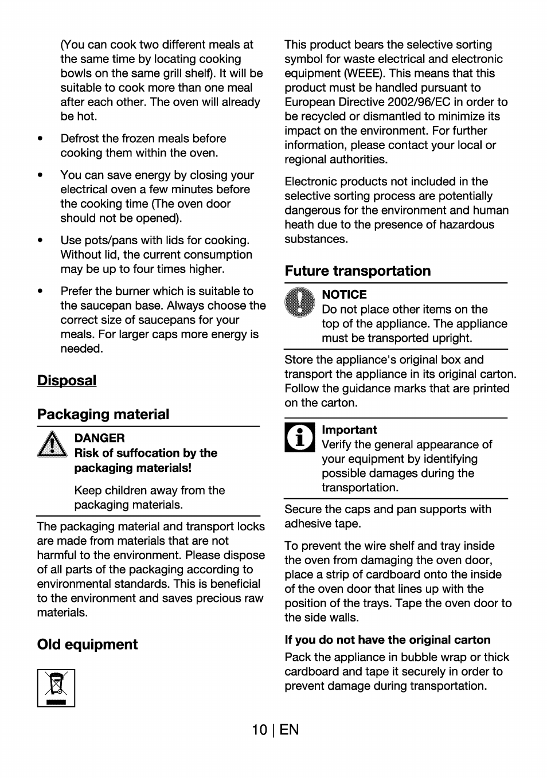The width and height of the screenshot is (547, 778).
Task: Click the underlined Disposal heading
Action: pos(67,381)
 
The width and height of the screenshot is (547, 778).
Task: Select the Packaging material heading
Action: pos(103,415)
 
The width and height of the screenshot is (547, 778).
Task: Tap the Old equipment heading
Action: pos(87,644)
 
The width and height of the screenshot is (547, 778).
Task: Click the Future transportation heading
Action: pos(358,271)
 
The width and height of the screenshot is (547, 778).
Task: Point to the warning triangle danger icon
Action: pos(52,444)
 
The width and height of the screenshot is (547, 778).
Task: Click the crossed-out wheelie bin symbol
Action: pos(56,688)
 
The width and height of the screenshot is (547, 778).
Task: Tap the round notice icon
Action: pos(299,302)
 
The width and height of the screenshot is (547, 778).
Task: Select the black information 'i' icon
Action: pos(299,437)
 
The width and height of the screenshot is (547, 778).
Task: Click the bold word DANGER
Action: pos(99,438)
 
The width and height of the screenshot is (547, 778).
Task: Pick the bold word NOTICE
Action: pos(344,295)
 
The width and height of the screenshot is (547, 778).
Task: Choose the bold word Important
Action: pos(349,430)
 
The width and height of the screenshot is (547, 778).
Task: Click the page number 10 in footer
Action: pos(259,730)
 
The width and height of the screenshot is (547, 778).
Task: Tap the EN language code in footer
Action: pos(290,730)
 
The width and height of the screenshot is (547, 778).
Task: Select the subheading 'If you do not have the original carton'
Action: pos(388,640)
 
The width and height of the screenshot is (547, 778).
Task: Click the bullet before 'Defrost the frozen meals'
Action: pos(40,139)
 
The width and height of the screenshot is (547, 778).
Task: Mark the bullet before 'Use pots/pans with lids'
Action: pos(40,241)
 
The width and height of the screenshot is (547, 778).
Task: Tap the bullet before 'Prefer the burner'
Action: pos(40,291)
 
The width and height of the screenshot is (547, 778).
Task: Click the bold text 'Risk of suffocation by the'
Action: pos(146,453)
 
